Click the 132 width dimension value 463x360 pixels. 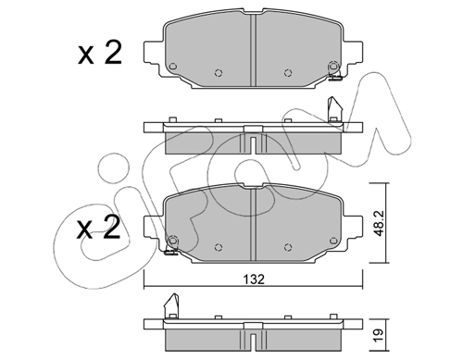[254, 279]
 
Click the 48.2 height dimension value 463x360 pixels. [379, 223]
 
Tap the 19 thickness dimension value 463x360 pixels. [379, 334]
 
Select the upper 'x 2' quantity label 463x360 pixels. [100, 54]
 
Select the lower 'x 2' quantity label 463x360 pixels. [98, 228]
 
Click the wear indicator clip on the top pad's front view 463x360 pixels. [334, 77]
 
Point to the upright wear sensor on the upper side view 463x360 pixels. [334, 110]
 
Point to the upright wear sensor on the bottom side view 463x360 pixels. [171, 305]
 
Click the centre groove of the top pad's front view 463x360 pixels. [253, 50]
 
